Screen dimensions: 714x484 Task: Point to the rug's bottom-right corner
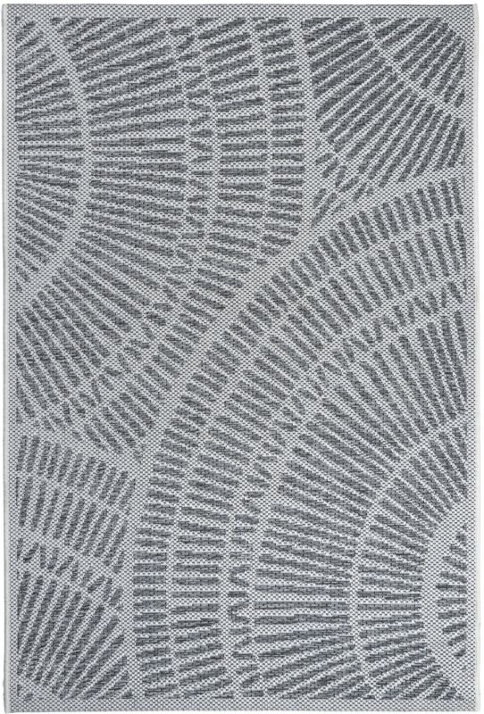479,710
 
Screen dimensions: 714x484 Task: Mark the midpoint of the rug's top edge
241,4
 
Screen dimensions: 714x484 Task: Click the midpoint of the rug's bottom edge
242,710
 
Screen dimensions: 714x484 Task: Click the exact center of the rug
242,357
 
